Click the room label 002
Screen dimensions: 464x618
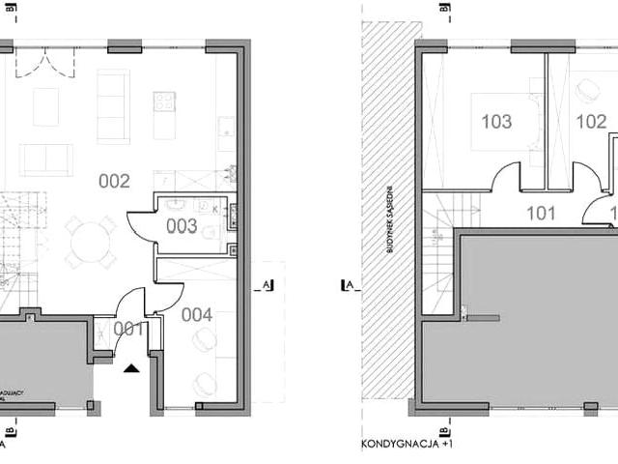click(x=114, y=180)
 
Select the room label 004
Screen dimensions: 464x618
click(x=197, y=314)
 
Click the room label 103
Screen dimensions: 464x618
click(x=496, y=122)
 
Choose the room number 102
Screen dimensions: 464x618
click(x=591, y=122)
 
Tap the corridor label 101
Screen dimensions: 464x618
click(x=542, y=216)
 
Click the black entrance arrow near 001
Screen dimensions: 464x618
click(x=131, y=366)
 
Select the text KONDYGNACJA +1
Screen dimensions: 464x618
click(x=407, y=447)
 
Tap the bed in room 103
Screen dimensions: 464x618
click(x=505, y=121)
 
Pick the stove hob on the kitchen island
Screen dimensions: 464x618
click(x=164, y=101)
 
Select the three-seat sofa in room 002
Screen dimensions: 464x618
click(x=113, y=106)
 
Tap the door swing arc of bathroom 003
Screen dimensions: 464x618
click(x=140, y=224)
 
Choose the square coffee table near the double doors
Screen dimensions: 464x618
click(x=45, y=106)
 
